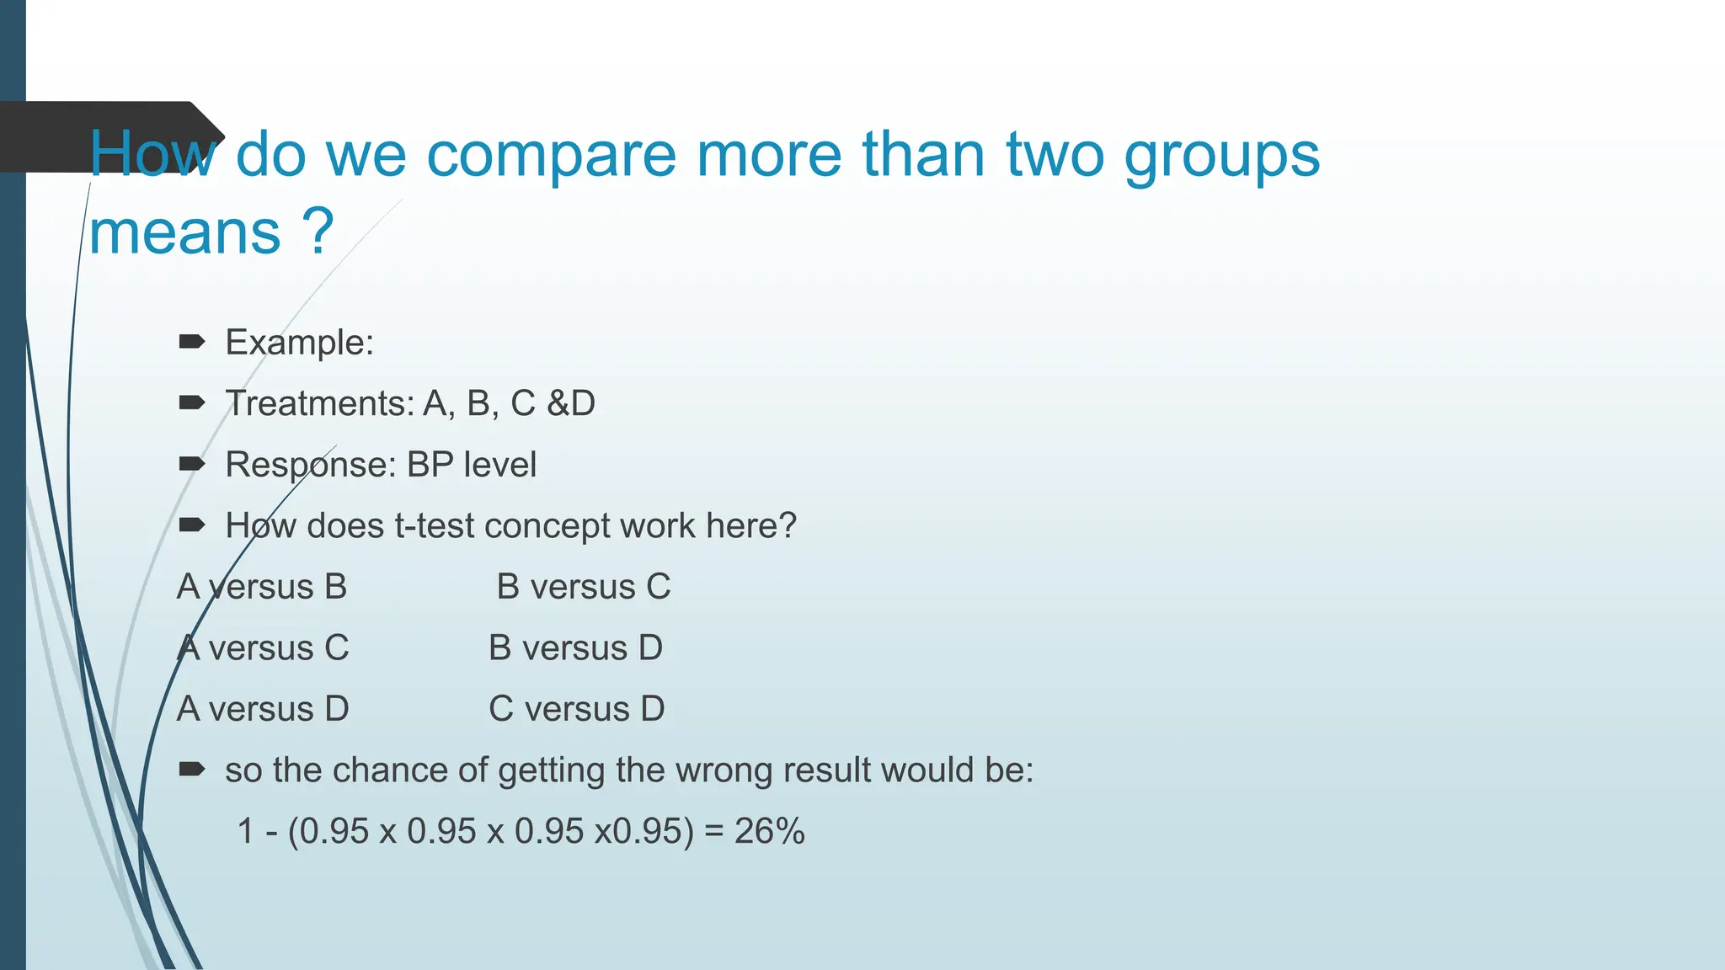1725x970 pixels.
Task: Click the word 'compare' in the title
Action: (551, 157)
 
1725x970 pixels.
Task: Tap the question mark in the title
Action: (319, 232)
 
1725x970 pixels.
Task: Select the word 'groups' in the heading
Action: (1222, 157)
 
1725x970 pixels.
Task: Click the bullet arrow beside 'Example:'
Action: (192, 342)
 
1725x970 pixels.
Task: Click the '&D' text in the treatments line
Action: (571, 403)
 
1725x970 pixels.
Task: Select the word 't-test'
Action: (434, 526)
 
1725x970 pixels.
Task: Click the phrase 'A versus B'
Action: (262, 587)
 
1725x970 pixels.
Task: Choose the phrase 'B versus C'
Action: (584, 587)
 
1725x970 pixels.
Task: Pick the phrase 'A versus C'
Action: (263, 648)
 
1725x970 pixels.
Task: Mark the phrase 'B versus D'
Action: (576, 648)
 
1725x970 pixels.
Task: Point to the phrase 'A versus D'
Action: (263, 709)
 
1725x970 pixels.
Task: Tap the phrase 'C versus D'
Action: (577, 709)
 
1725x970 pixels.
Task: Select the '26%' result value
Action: (770, 832)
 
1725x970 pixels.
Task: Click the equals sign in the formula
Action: (714, 832)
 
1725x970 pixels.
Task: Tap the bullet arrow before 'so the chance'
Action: (192, 769)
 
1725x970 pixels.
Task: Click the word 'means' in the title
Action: (185, 233)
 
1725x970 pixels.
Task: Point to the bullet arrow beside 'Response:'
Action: (192, 464)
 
